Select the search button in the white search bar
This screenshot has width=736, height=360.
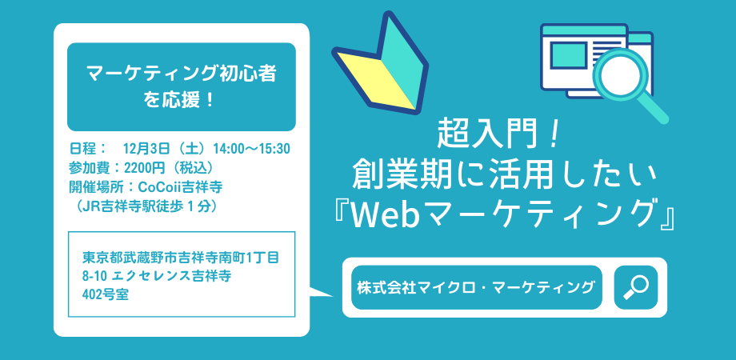pyautogui.click(x=635, y=287)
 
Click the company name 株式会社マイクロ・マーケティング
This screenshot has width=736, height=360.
pyautogui.click(x=476, y=287)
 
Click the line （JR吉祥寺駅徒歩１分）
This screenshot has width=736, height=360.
pyautogui.click(x=144, y=206)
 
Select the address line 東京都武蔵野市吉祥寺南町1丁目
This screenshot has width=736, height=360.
pyautogui.click(x=181, y=258)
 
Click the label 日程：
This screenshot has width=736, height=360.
pyautogui.click(x=87, y=148)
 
